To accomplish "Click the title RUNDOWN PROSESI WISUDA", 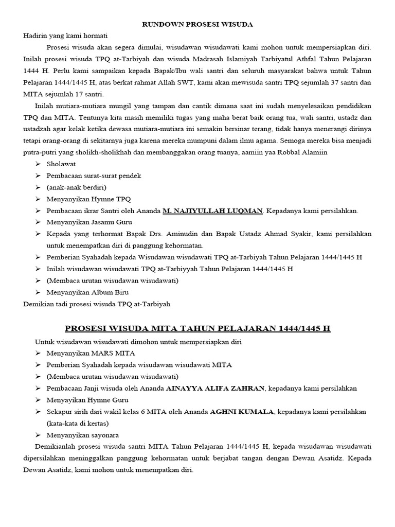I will click(197, 24).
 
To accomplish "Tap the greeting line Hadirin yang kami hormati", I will click(65, 36).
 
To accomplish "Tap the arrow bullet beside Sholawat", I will click(39, 164).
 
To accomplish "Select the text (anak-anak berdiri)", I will click(76, 187).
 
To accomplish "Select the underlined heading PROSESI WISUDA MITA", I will click(197, 328).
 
